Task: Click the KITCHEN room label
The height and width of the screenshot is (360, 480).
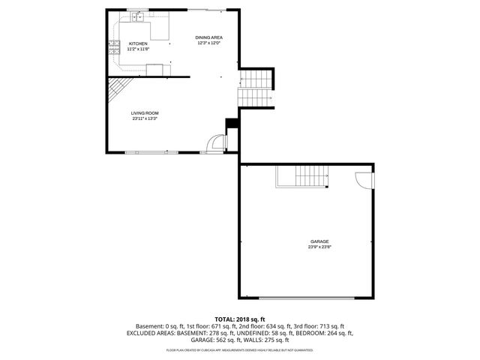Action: click(138, 44)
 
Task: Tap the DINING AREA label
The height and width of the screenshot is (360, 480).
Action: click(209, 37)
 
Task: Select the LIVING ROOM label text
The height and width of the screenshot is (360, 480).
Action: click(145, 113)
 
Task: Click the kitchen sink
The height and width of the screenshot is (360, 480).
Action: click(139, 16)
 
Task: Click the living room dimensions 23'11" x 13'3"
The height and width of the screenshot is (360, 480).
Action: click(145, 118)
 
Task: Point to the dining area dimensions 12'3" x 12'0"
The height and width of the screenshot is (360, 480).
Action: click(209, 43)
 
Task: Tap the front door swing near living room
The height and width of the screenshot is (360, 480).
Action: click(217, 143)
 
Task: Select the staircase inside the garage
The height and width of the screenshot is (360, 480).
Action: click(310, 178)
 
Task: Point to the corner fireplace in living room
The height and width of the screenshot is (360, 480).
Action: click(115, 91)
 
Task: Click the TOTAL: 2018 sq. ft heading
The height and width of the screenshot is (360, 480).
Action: click(240, 319)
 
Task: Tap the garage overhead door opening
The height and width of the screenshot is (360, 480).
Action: click(307, 298)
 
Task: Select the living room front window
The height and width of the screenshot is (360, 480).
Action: click(152, 152)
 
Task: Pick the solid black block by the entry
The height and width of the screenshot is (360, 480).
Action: click(232, 124)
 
